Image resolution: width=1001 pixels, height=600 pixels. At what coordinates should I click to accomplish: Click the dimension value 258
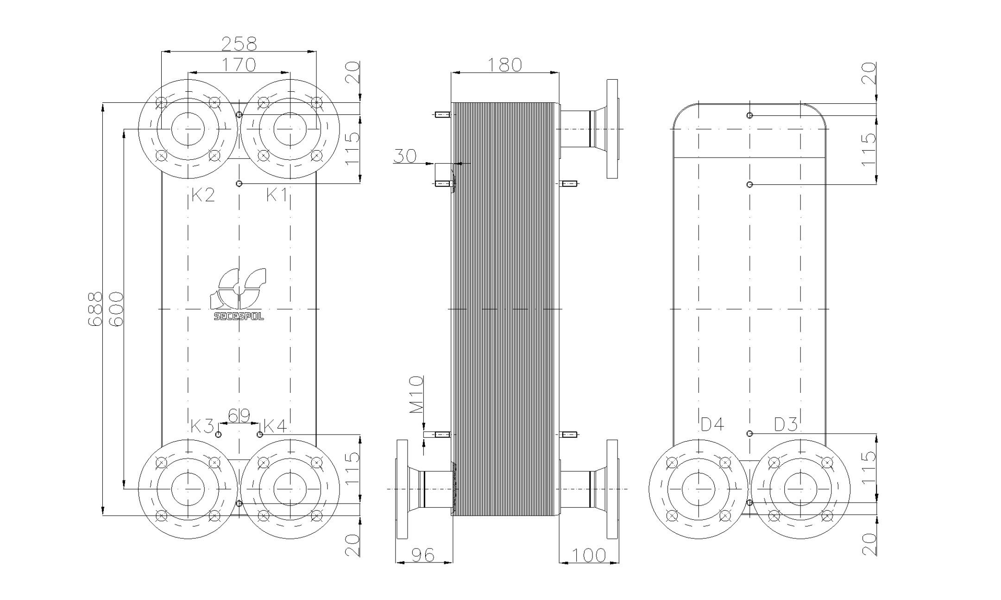[239, 44]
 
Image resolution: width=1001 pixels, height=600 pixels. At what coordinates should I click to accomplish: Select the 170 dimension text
[238, 65]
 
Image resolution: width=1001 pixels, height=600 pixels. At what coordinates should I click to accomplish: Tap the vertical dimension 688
[94, 309]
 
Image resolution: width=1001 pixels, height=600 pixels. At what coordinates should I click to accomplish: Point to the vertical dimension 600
[116, 309]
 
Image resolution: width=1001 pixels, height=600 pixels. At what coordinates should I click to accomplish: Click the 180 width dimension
[505, 65]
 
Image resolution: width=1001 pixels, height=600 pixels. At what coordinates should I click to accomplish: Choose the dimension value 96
[423, 555]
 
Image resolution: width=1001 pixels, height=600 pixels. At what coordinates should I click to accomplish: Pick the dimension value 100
[589, 555]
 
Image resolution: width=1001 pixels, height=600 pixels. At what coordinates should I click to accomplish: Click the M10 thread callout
[416, 394]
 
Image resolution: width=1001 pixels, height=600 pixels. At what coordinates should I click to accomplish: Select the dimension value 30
[405, 156]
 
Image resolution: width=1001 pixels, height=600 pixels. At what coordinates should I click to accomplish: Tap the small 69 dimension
[239, 416]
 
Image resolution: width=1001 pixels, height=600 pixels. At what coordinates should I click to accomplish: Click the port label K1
[277, 195]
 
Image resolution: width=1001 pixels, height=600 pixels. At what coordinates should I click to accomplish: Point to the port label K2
[203, 195]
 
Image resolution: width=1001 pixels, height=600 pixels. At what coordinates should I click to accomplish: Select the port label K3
[202, 426]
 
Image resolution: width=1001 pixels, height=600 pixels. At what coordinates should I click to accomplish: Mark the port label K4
[275, 426]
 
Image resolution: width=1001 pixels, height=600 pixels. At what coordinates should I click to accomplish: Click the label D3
[786, 424]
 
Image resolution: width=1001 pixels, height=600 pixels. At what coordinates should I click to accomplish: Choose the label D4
[712, 424]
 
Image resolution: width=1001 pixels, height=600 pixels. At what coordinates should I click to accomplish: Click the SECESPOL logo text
[239, 317]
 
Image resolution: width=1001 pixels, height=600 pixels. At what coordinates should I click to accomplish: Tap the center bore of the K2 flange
[188, 129]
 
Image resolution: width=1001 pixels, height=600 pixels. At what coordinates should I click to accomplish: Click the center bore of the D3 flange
[800, 489]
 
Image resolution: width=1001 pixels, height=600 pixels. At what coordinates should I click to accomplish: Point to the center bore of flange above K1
[290, 129]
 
